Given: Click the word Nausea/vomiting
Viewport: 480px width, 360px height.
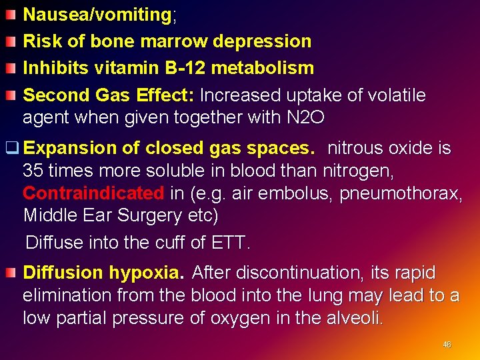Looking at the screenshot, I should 97,15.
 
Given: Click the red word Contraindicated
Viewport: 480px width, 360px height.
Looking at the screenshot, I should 93,193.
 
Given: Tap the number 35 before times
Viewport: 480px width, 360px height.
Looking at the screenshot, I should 33,171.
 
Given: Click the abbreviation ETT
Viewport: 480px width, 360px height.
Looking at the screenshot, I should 230,242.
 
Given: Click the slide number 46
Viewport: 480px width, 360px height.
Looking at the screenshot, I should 447,345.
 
